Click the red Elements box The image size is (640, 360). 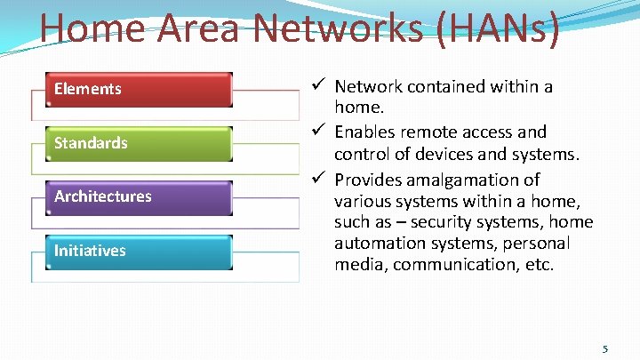133,89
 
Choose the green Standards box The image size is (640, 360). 133,143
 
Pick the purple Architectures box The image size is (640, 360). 133,196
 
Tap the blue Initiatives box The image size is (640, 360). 133,251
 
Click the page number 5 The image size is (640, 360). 605,348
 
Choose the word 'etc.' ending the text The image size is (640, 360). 536,265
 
